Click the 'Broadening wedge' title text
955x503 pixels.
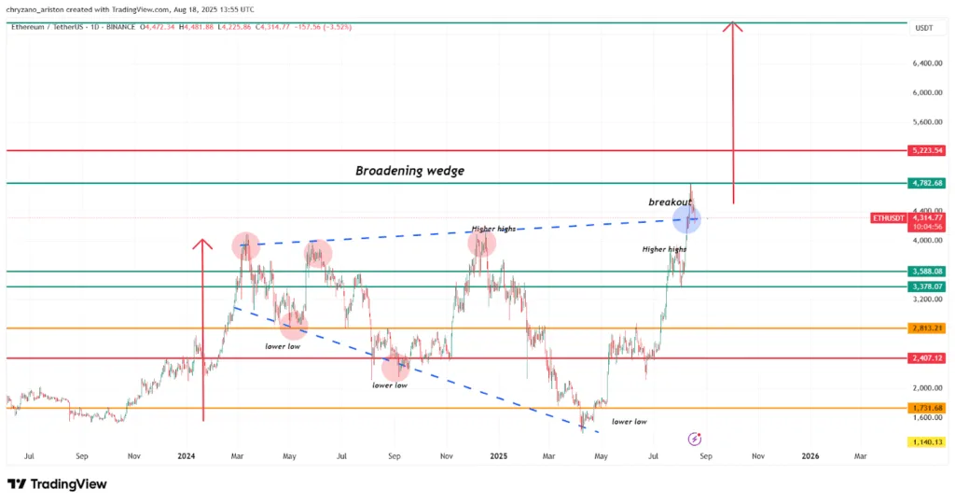coord(409,171)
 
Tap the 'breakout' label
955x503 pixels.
coord(669,202)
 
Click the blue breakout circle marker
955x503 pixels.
coord(688,220)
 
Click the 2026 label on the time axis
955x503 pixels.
coord(810,456)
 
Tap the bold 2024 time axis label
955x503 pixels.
coord(186,456)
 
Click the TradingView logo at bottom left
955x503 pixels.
coord(57,484)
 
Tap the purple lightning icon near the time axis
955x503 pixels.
coord(694,438)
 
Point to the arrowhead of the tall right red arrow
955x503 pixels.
coord(735,26)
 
